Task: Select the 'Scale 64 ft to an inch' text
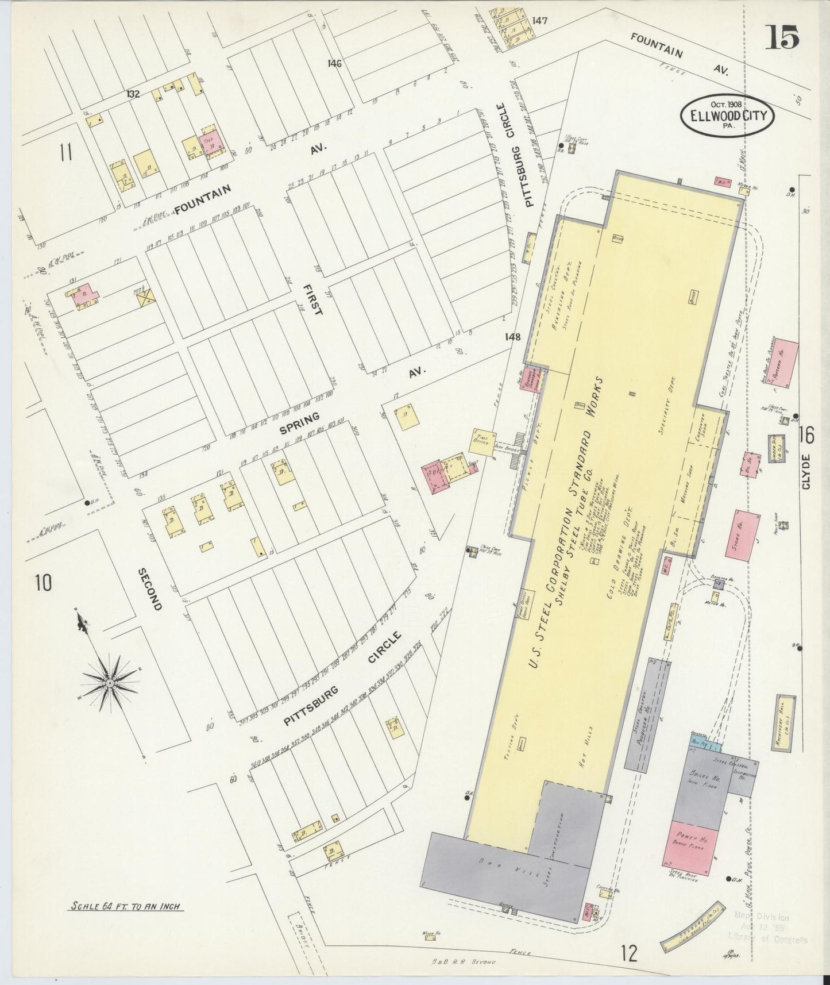pos(125,907)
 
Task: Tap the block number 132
pos(133,94)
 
